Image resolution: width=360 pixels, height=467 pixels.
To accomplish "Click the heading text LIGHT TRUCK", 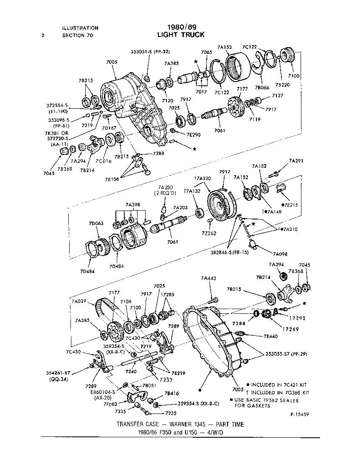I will [x=180, y=34].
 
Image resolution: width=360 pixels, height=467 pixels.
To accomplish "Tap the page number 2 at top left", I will [x=43, y=36].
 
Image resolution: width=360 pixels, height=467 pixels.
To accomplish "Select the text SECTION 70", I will [x=77, y=36].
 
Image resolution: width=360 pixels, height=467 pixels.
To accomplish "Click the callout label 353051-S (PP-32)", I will [x=150, y=52].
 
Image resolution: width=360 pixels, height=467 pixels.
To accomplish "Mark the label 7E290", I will [x=194, y=135].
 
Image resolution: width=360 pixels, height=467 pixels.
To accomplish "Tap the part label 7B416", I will [x=171, y=394].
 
